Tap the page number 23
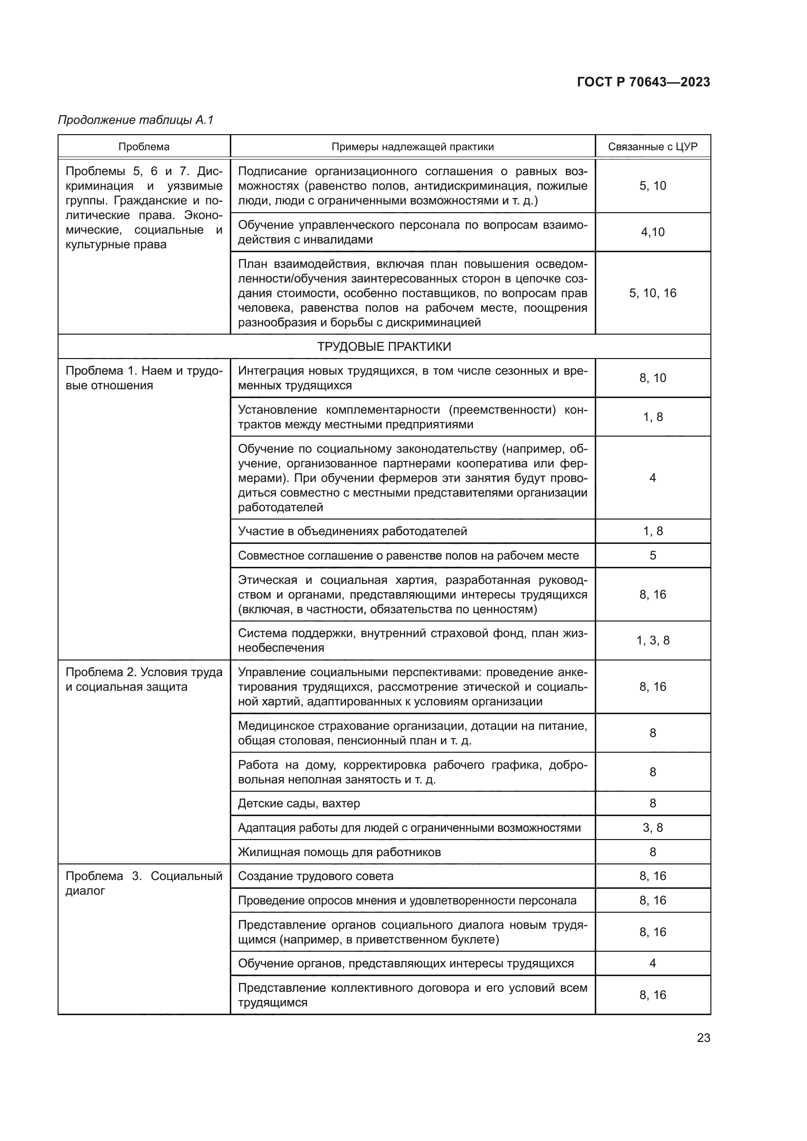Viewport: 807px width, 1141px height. pos(703,1038)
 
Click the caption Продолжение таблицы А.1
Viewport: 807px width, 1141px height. pos(136,120)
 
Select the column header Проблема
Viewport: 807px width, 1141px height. pos(143,147)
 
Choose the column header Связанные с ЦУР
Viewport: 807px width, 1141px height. pos(652,147)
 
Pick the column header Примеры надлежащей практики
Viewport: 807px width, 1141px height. pos(412,147)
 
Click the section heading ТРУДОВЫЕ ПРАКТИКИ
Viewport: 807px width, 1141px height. pos(383,346)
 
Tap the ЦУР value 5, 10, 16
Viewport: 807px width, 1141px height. pos(652,293)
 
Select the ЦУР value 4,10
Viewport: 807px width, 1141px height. pos(652,232)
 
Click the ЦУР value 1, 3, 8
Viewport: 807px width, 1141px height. pos(652,640)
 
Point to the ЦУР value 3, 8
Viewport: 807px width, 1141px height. pos(652,827)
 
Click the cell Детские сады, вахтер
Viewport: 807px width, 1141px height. pos(299,803)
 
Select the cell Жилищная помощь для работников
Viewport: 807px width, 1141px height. pos(339,852)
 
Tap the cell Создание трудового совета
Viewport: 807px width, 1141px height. pos(316,876)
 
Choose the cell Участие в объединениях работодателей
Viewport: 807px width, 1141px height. pos(352,531)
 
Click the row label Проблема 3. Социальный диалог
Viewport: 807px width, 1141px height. pos(143,883)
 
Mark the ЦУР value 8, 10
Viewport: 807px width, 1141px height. pos(652,378)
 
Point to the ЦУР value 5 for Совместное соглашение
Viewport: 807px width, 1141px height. pos(652,555)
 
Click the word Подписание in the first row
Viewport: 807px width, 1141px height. pos(272,171)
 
